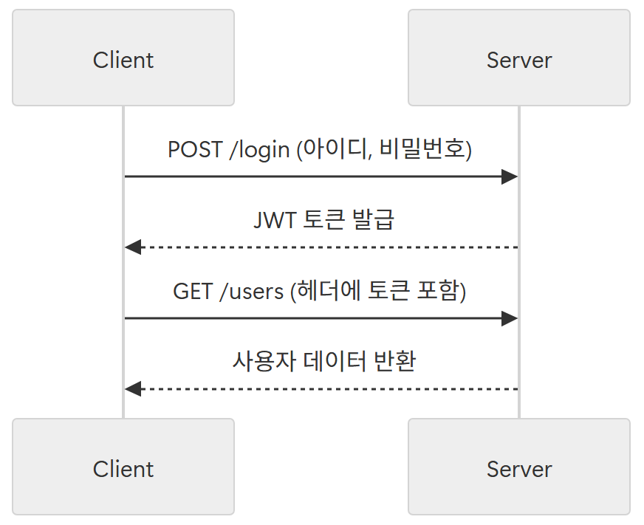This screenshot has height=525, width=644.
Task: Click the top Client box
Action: coord(123,58)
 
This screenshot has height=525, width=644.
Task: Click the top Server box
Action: coord(519,58)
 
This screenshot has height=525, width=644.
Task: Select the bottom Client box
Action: coord(123,467)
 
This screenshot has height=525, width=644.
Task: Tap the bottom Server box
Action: coord(519,467)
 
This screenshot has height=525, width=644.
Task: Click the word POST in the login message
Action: coord(195,150)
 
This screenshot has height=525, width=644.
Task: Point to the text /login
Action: coord(259,150)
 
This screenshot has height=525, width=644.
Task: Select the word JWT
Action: coord(275,220)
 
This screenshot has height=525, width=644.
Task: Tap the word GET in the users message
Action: coord(193,291)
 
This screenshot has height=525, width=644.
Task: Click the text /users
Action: coord(251,291)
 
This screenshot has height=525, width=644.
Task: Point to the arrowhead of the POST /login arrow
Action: coord(510,176)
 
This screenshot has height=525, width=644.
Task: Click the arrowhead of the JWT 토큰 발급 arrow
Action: coord(133,247)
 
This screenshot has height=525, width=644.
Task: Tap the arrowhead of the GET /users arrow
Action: coord(510,318)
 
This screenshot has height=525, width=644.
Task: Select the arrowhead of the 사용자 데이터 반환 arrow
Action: coord(133,389)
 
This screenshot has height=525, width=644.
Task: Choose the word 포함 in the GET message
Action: coord(438,291)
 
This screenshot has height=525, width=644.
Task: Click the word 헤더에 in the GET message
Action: coord(329,291)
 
